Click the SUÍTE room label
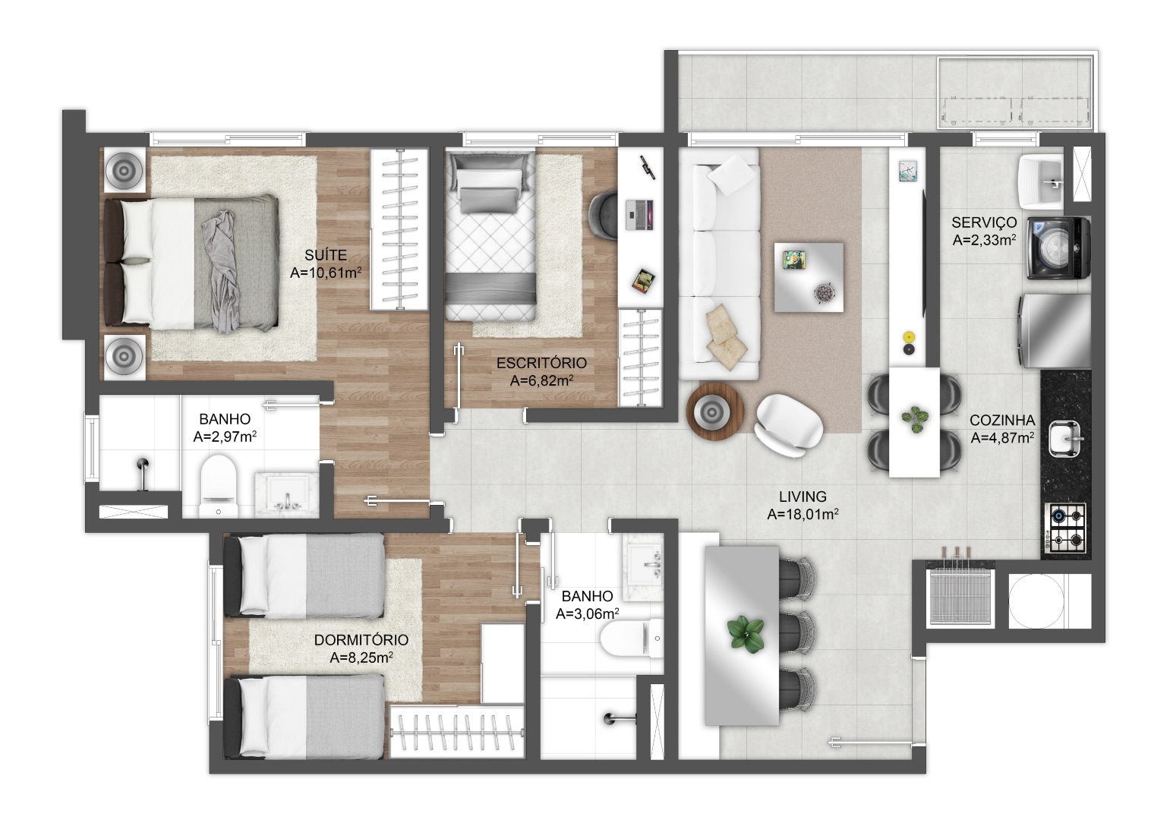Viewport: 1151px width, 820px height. coord(326,254)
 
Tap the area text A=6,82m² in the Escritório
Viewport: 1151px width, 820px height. coord(541,380)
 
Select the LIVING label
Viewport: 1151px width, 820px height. coord(803,497)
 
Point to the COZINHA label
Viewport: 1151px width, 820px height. coord(1002,421)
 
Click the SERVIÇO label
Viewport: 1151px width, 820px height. coord(984,222)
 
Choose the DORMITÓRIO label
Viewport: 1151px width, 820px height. coord(361,639)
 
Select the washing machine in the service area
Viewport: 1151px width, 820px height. coord(1058,248)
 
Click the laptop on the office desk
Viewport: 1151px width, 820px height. coord(640,215)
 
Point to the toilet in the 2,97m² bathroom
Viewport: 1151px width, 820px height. coord(219,485)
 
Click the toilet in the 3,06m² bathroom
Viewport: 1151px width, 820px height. coord(632,639)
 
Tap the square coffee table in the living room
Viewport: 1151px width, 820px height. coord(809,277)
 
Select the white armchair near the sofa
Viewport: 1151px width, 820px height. coord(788,425)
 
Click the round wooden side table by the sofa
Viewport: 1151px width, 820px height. coord(715,411)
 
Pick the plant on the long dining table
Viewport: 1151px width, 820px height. coord(745,635)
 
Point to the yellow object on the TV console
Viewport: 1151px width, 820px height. coord(909,337)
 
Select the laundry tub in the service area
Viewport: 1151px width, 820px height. coord(1040,180)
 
